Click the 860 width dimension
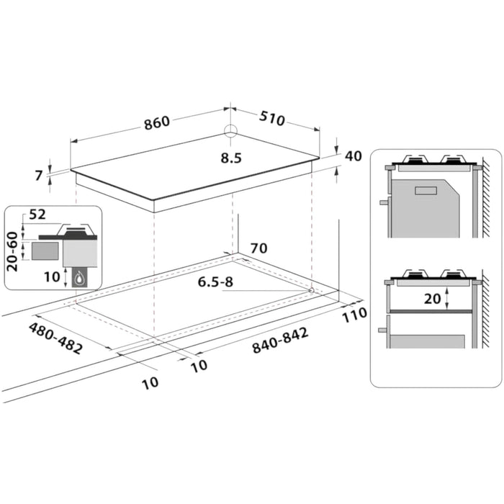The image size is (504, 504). pos(156,122)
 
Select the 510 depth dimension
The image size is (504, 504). pos(271,119)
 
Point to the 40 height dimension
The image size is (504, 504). pos(352,156)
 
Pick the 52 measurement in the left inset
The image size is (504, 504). pos(37,215)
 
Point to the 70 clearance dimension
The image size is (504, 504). pos(258,248)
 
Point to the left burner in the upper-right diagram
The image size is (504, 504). pos(415,160)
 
